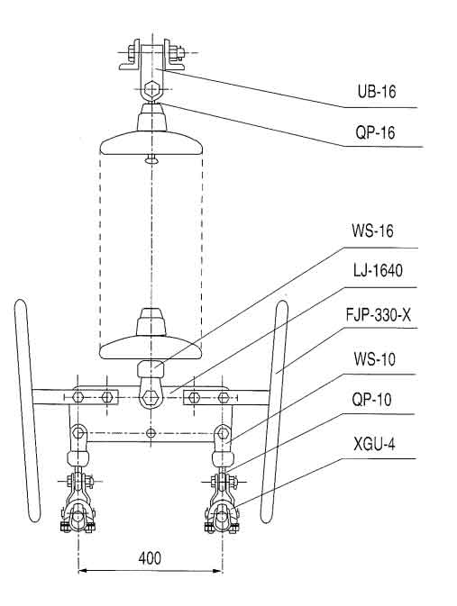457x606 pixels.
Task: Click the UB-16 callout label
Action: (377, 92)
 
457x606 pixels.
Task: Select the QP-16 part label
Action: (375, 132)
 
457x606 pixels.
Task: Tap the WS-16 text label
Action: (372, 231)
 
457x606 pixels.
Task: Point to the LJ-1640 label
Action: (378, 270)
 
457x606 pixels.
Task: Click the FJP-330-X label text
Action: (378, 315)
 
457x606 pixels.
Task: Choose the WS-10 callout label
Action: (375, 359)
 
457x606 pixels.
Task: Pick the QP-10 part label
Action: (372, 399)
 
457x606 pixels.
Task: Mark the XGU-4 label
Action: (374, 444)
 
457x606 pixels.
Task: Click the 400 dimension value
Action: (150, 557)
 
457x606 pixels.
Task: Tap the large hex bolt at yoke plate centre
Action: (151, 396)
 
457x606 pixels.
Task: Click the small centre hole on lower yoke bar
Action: (151, 433)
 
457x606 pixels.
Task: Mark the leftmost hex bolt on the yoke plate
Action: (78, 396)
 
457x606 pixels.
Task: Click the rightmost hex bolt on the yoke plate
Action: (224, 397)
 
